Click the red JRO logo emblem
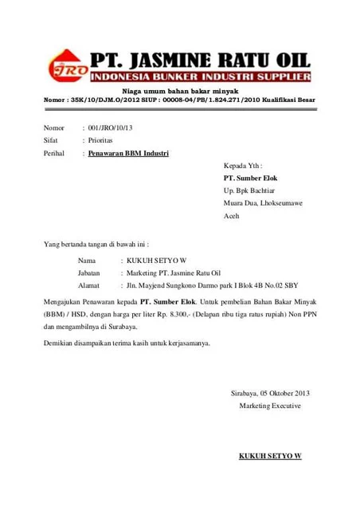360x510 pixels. pos(65,68)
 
